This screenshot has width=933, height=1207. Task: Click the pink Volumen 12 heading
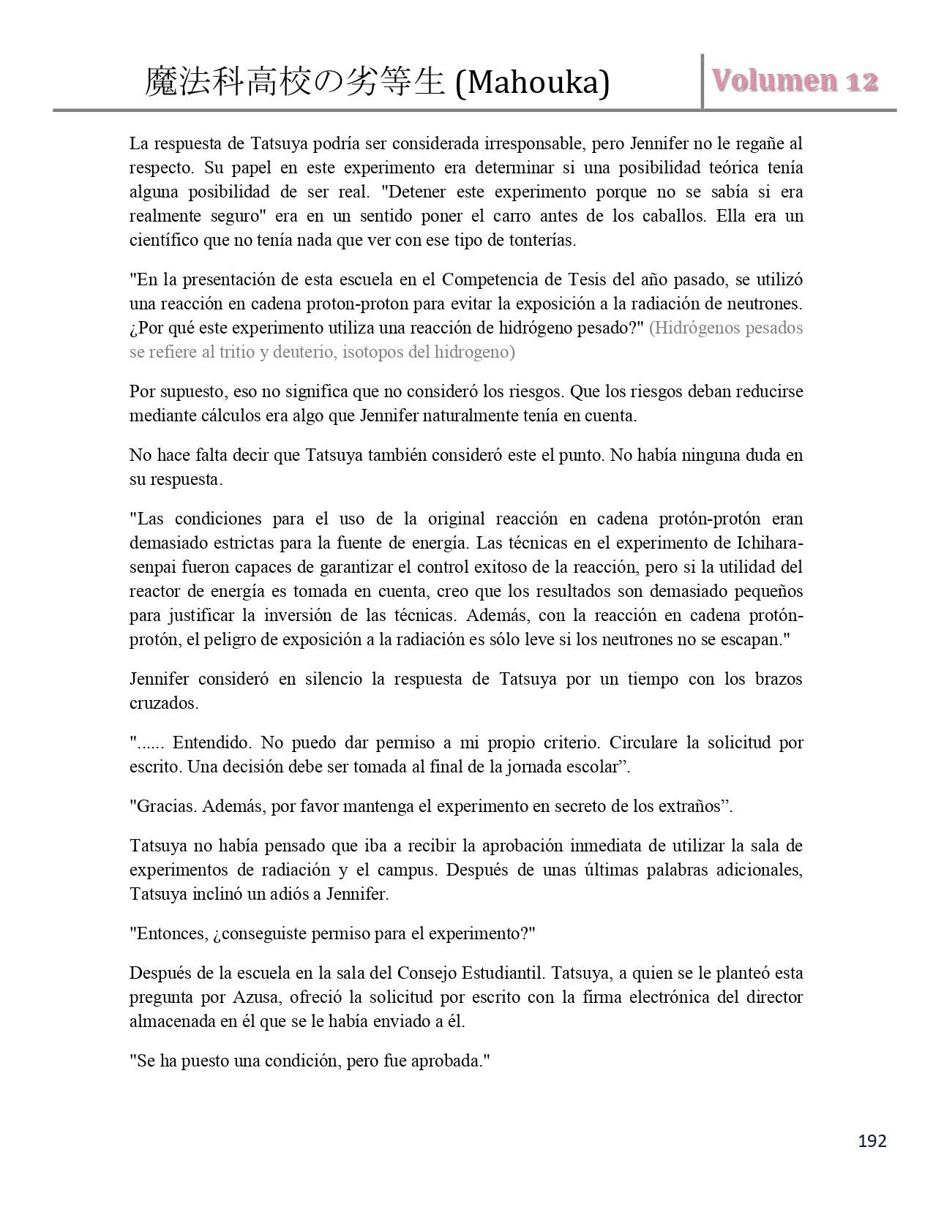[795, 80]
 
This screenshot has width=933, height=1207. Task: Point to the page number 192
[872, 1140]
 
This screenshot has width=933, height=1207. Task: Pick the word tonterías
[541, 240]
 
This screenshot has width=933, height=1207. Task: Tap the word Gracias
[165, 806]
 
